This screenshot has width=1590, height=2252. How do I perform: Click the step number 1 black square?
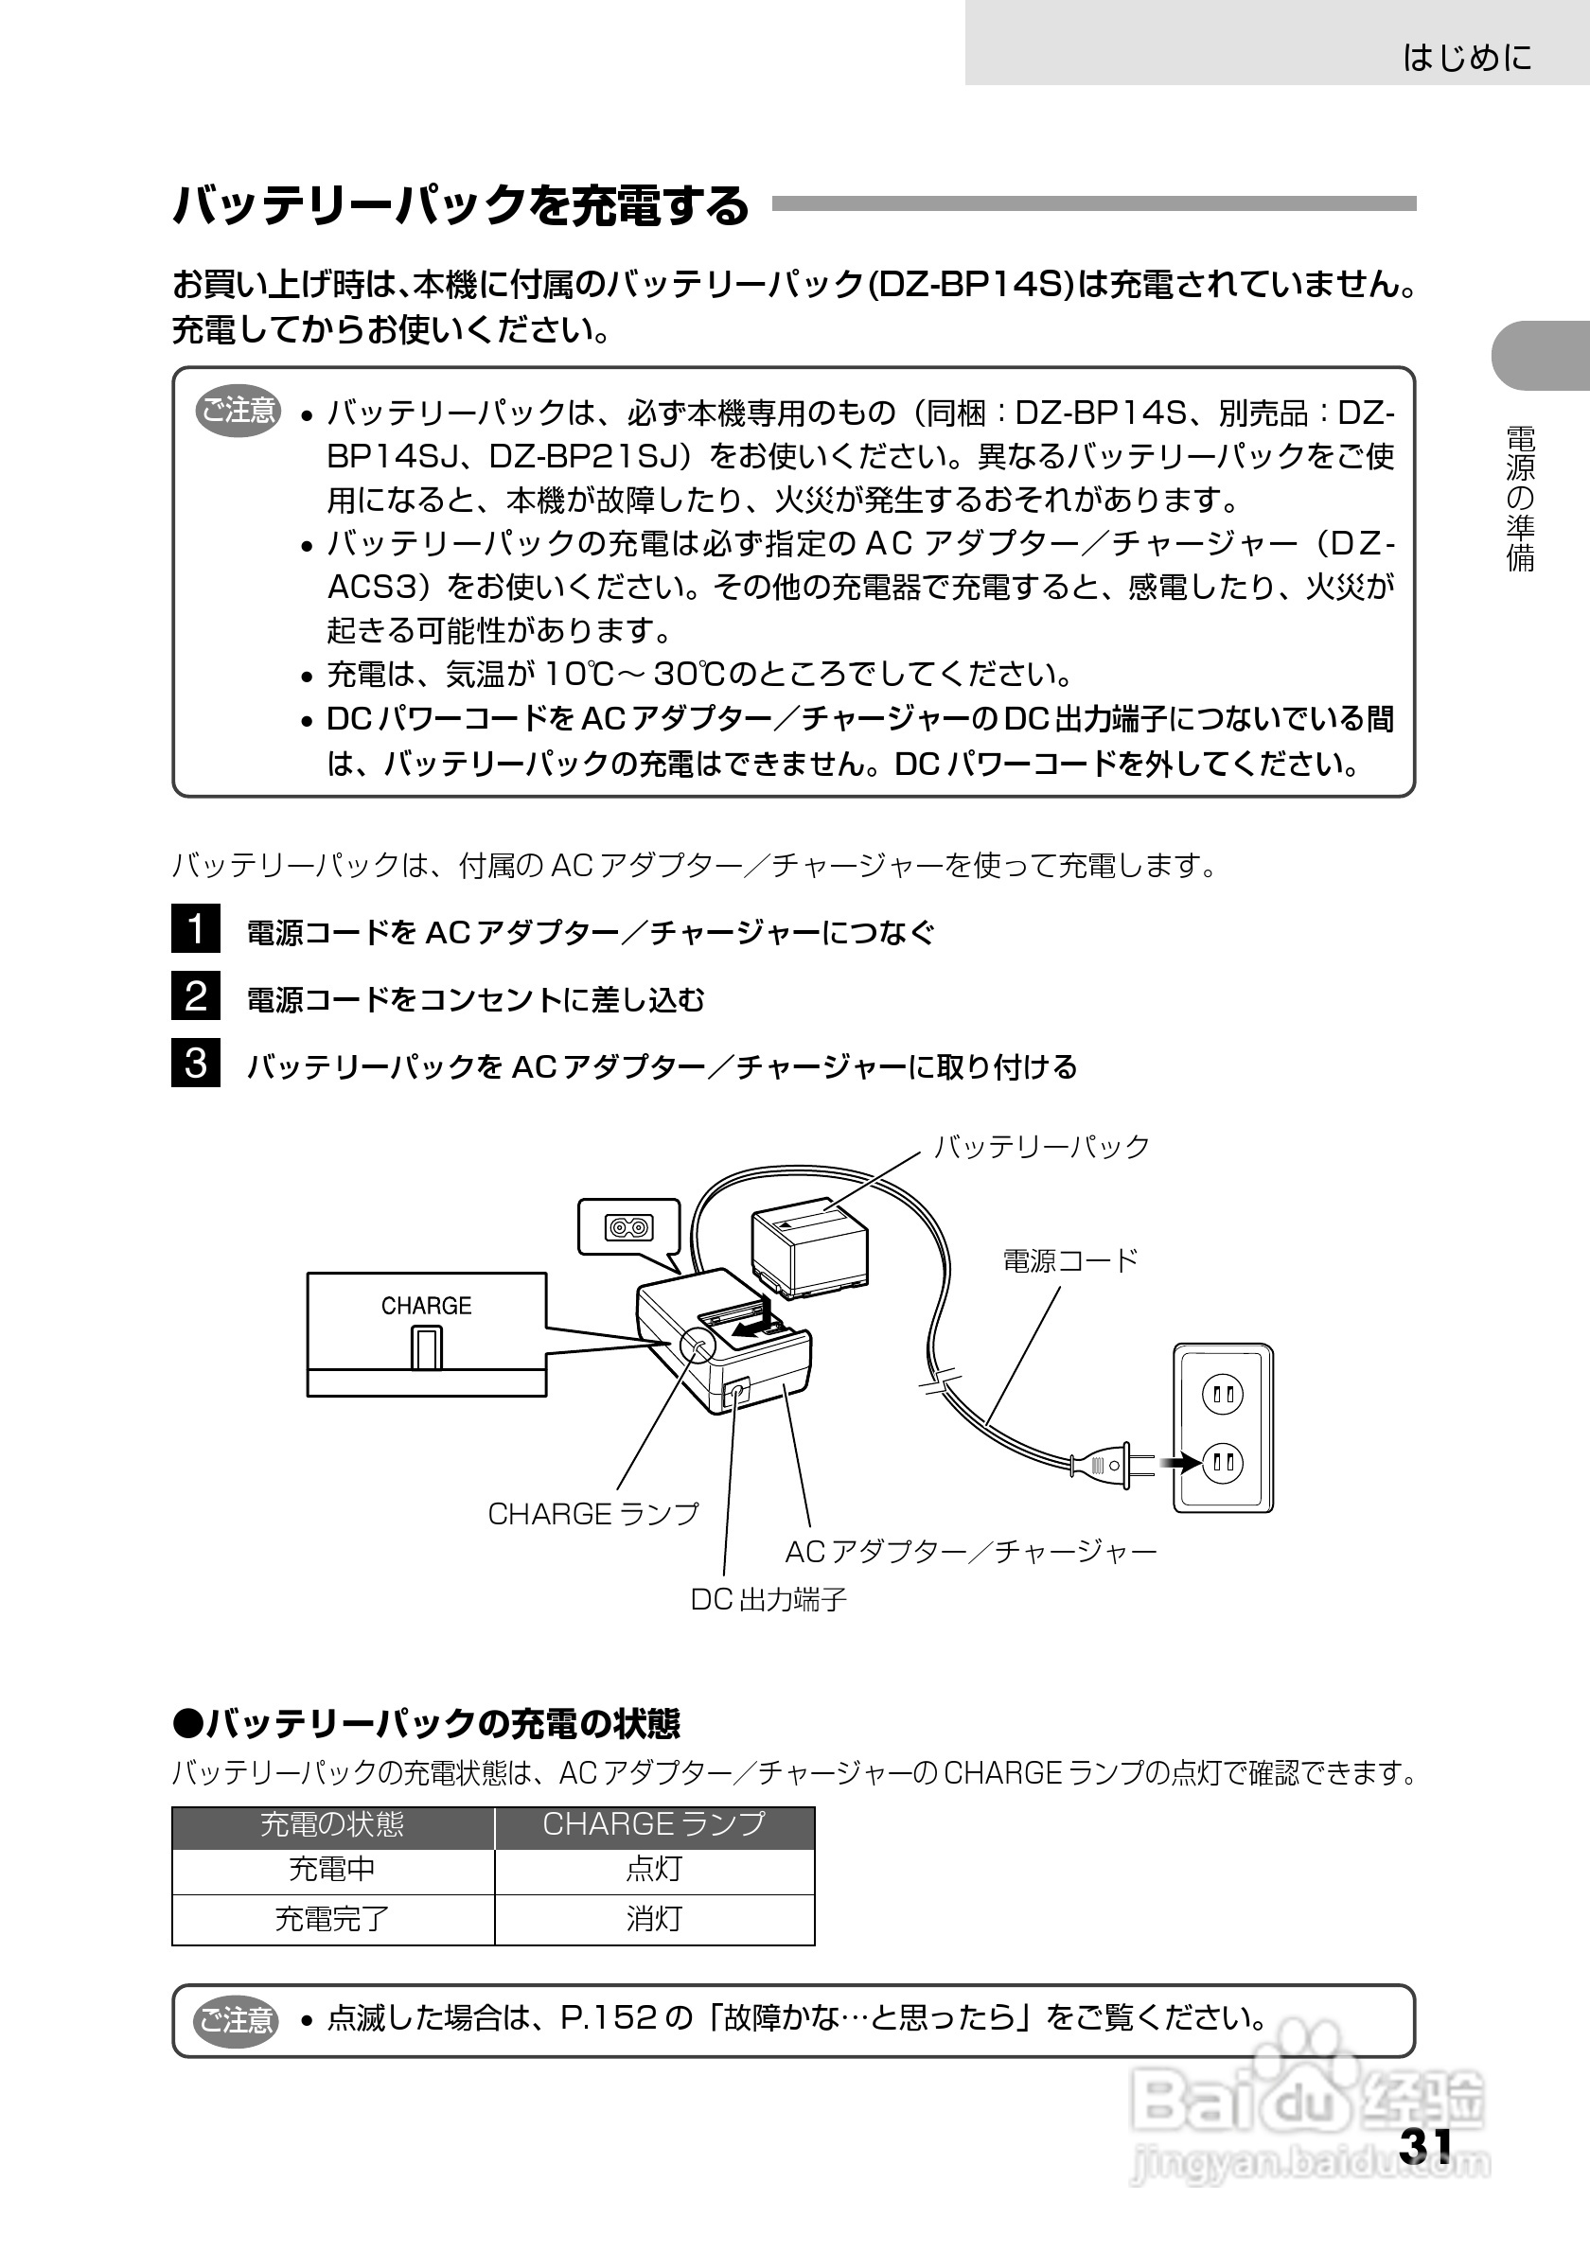[196, 929]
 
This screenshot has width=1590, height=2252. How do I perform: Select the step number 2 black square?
[196, 995]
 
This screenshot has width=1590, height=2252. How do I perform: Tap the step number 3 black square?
[196, 1063]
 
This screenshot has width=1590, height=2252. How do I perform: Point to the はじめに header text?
[1466, 58]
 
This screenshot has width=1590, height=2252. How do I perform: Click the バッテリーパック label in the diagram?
[1041, 1147]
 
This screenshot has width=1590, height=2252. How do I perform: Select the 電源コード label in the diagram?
[1070, 1260]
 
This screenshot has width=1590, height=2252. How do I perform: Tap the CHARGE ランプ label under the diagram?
[593, 1513]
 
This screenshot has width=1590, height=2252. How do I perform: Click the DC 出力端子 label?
[768, 1600]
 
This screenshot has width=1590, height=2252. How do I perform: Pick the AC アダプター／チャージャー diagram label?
[971, 1551]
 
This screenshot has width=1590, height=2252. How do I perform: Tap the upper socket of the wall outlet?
[1222, 1394]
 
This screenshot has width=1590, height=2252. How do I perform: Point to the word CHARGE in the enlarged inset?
[426, 1306]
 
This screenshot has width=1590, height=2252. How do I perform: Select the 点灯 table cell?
[654, 1869]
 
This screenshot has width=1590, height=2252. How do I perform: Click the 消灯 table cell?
[654, 1918]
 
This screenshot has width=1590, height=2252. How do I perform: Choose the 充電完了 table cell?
[332, 1918]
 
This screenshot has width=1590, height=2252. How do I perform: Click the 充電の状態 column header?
[332, 1823]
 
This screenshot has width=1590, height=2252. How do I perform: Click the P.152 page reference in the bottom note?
[608, 2017]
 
